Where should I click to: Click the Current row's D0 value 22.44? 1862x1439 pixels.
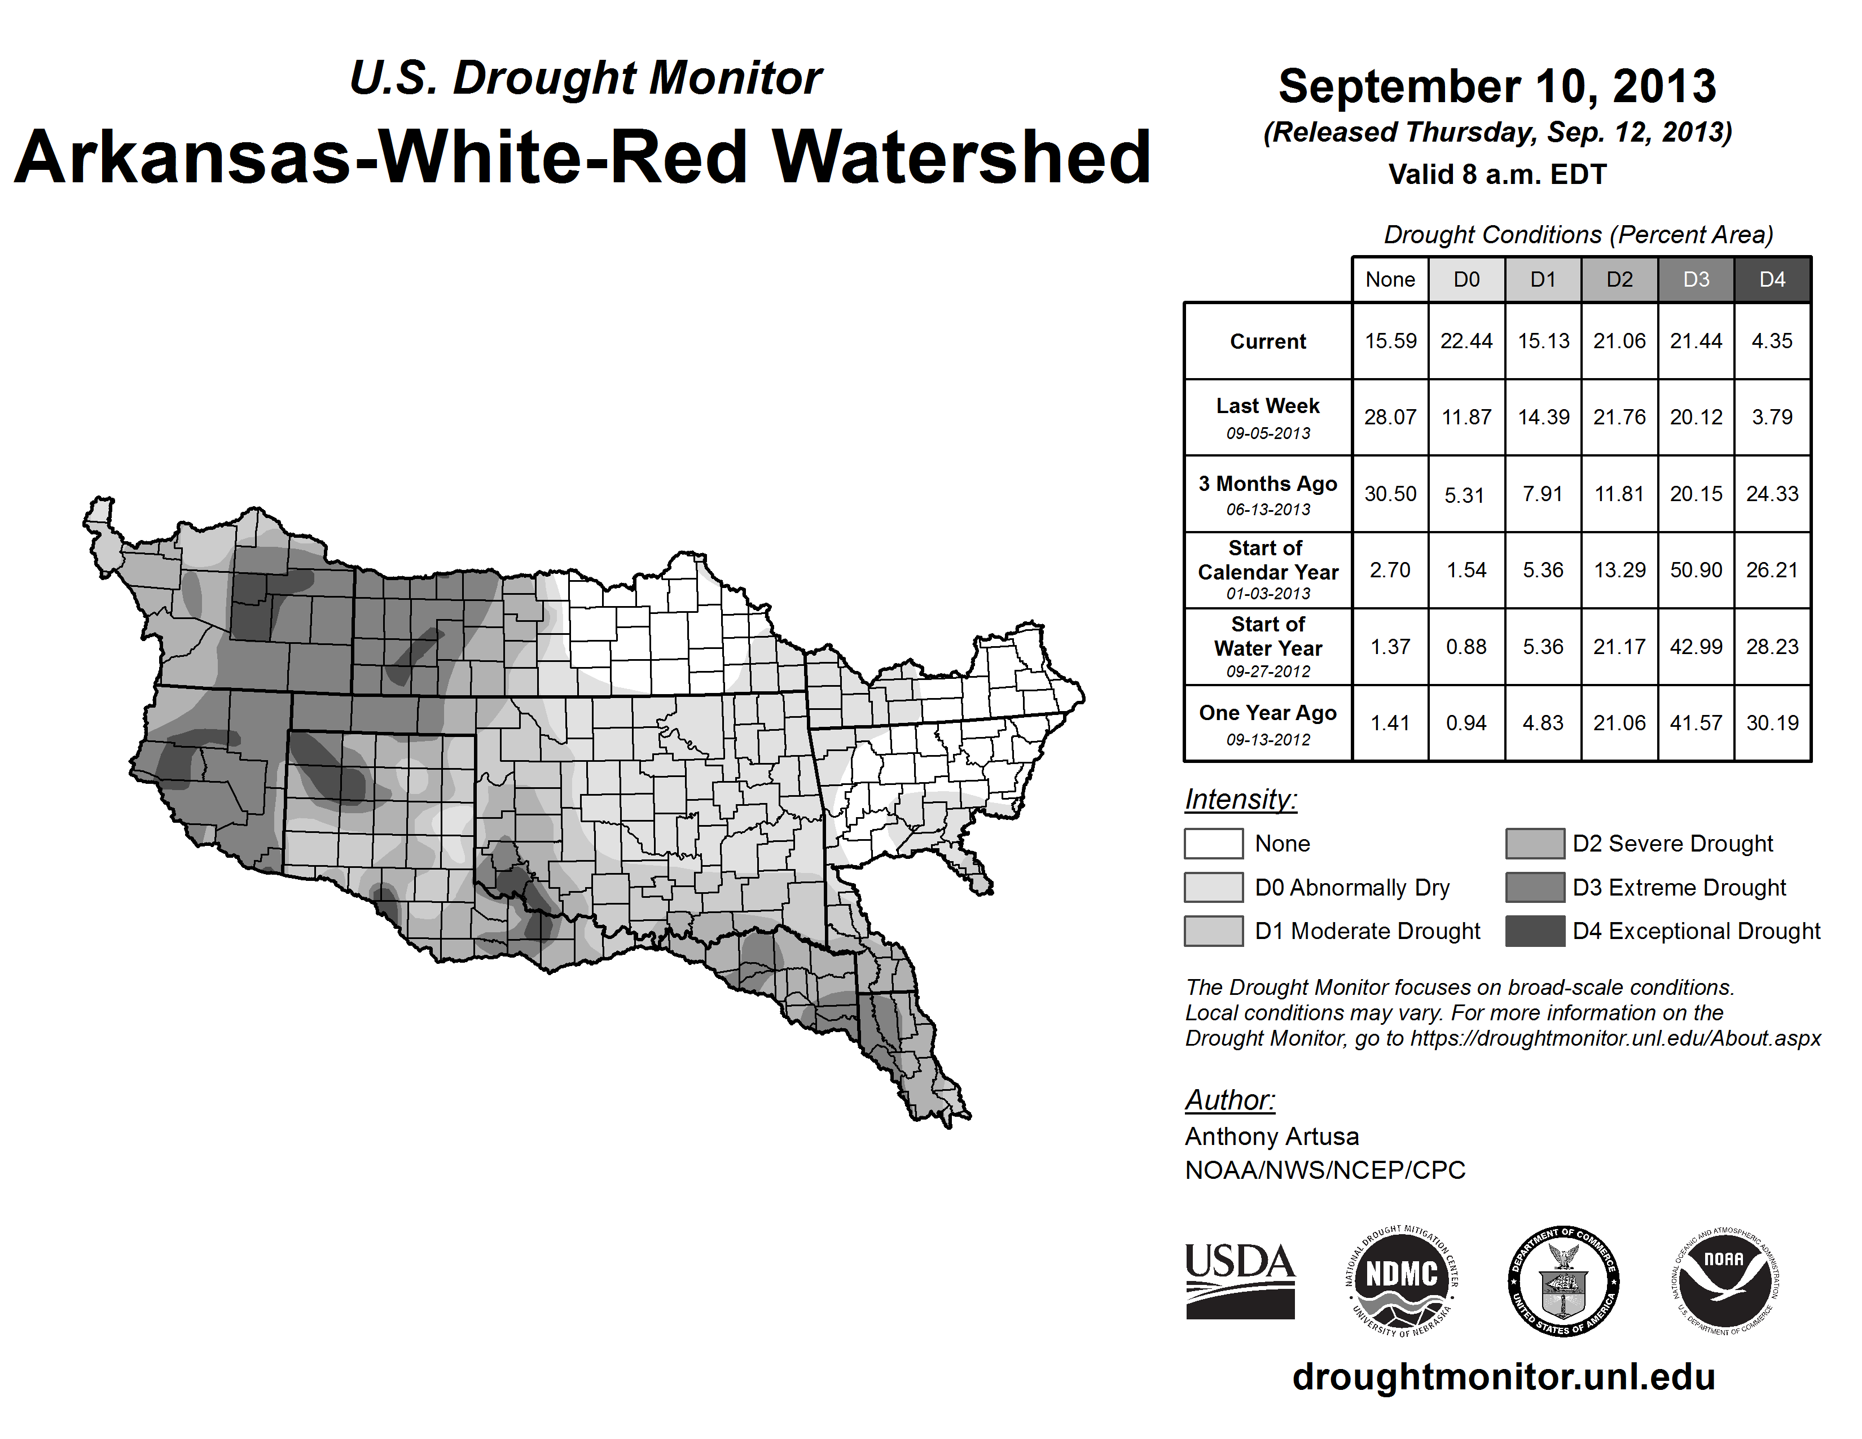pos(1466,341)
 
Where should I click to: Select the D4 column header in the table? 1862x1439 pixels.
pos(1772,279)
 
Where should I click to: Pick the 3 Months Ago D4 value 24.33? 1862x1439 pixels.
pos(1772,494)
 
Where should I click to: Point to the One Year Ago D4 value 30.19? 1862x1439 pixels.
pos(1772,723)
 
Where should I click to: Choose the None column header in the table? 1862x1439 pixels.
pos(1390,279)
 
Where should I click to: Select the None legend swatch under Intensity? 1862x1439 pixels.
pos(1213,843)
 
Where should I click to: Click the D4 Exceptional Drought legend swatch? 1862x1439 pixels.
pos(1535,931)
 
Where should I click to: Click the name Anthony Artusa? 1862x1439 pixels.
pos(1271,1137)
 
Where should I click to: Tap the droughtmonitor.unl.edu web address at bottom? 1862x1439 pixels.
pos(1503,1377)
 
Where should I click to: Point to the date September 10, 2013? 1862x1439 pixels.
pos(1497,86)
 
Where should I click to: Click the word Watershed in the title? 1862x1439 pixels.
pos(961,157)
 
